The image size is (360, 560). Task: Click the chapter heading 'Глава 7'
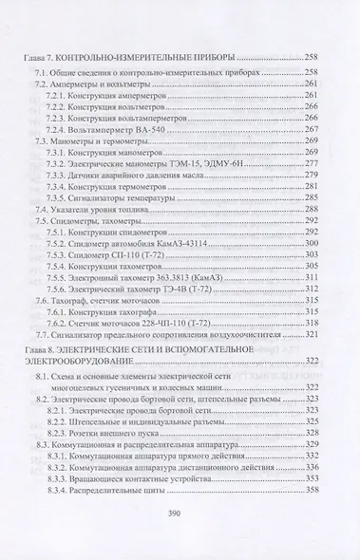[x=41, y=59]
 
